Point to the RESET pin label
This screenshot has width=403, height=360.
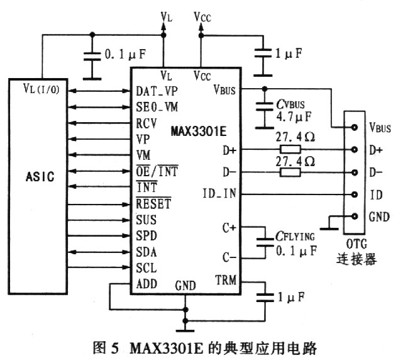[x=154, y=204]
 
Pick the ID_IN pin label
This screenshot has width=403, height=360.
[x=220, y=193]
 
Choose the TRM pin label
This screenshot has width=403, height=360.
[x=225, y=279]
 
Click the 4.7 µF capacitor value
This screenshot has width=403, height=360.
[x=294, y=116]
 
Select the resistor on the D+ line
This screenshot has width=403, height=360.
[x=290, y=149]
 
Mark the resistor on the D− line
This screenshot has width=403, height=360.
[x=290, y=172]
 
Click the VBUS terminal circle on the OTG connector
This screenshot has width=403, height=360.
[x=355, y=128]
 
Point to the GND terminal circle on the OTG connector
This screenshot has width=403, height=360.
[x=355, y=217]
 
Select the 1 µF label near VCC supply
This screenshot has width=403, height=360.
[x=290, y=54]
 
